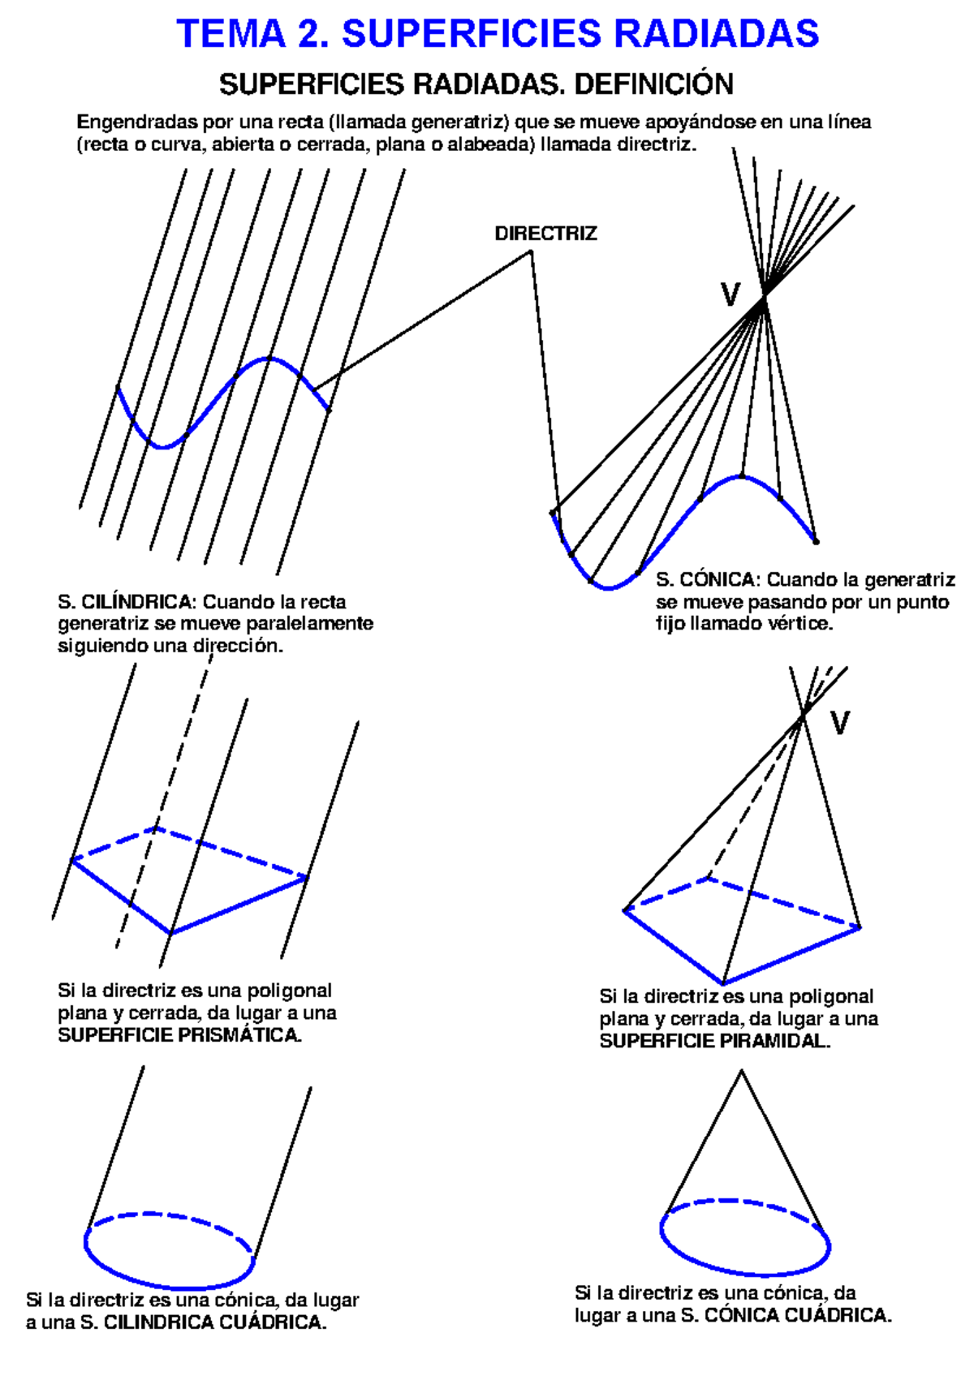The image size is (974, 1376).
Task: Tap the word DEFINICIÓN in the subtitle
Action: pos(654,84)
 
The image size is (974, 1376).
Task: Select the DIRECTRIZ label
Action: pos(545,234)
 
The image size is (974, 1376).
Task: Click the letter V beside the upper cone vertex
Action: pos(730,295)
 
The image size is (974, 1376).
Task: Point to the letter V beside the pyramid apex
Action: pos(839,722)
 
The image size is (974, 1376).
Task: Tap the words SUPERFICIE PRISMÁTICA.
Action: pos(180,1035)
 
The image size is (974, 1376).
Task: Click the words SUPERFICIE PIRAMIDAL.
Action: pos(715,1041)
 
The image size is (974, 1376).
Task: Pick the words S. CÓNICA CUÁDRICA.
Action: pos(786,1315)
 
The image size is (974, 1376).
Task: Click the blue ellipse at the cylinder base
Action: pos(170,1288)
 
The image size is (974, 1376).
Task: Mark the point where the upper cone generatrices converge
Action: pos(764,297)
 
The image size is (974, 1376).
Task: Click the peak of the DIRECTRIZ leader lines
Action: pos(530,252)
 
